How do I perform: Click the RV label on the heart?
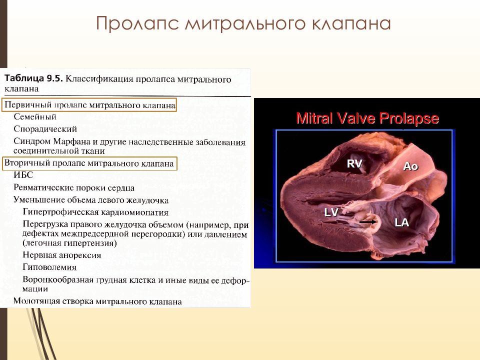(354, 164)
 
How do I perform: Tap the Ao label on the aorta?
(410, 166)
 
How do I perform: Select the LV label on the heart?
(331, 212)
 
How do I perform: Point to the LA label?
(401, 222)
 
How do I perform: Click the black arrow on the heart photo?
(368, 221)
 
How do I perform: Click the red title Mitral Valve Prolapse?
(367, 118)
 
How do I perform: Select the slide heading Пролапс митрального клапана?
(243, 23)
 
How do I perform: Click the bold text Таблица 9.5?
(33, 78)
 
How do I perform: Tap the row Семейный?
(35, 116)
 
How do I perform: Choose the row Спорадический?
(45, 129)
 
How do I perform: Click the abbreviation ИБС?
(23, 175)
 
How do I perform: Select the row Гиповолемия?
(49, 267)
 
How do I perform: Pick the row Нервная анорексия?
(62, 255)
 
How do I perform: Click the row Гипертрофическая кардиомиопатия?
(95, 212)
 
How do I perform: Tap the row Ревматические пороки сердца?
(74, 187)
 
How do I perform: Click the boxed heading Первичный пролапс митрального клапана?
(89, 105)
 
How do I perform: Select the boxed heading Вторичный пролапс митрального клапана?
(89, 163)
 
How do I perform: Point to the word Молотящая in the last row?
(36, 301)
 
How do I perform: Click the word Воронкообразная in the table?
(58, 279)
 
